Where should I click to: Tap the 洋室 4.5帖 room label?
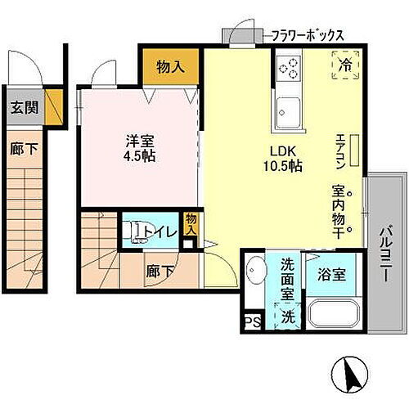click(x=136, y=148)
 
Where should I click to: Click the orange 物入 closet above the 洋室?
click(x=169, y=68)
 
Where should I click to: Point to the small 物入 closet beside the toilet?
click(x=191, y=225)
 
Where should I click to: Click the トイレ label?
click(x=159, y=232)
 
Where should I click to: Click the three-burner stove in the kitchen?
click(x=289, y=67)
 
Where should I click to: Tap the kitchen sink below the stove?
click(x=287, y=108)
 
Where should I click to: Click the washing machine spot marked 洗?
click(x=287, y=315)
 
